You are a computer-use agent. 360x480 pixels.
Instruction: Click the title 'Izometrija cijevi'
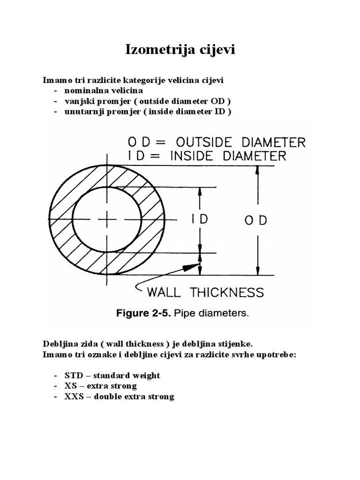(x=180, y=50)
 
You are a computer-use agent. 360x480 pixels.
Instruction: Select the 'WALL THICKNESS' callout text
(x=205, y=292)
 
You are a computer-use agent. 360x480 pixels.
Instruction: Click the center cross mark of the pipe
(x=107, y=219)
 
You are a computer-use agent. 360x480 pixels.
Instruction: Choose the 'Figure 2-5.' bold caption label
(x=143, y=314)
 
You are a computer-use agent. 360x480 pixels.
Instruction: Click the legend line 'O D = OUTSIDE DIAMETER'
(x=215, y=142)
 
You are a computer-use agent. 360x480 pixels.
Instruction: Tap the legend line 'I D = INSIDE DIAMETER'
(x=206, y=156)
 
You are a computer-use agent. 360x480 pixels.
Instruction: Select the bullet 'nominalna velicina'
(x=104, y=90)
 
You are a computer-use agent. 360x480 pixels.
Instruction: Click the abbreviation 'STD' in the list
(x=74, y=375)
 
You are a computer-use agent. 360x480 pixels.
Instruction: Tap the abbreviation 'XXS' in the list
(x=75, y=397)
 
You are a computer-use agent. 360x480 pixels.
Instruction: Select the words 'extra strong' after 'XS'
(x=115, y=386)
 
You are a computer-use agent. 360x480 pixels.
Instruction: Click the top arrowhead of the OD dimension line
(x=256, y=170)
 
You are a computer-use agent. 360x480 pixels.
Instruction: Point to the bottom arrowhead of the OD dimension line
(x=256, y=271)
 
